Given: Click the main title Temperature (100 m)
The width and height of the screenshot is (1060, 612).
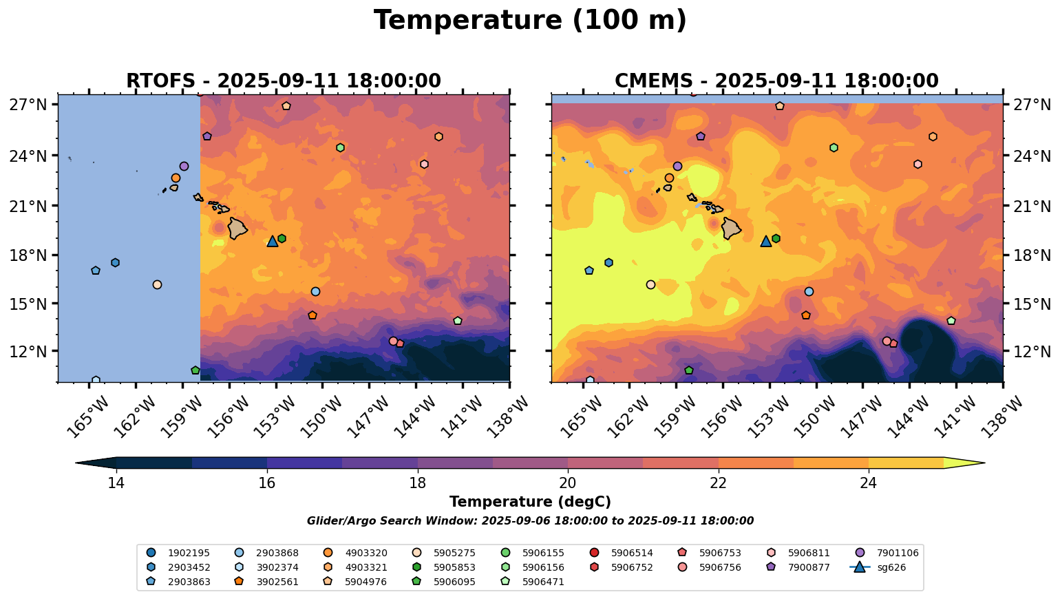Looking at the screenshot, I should tap(530, 21).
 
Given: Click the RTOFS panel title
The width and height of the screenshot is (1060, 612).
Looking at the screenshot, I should tap(283, 81).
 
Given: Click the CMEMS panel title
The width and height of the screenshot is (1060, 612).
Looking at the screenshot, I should tap(776, 81).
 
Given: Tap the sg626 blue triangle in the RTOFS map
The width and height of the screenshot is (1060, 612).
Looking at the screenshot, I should tap(273, 241).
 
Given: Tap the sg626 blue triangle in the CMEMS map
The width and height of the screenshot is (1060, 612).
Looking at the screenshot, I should tap(766, 241).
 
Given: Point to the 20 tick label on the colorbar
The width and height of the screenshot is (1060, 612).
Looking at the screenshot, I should tap(568, 483).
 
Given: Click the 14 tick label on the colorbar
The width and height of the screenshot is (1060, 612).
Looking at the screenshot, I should tap(116, 483).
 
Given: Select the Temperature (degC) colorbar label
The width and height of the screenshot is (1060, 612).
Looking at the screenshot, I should tap(530, 503).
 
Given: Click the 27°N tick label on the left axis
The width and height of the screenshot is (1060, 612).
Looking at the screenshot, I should tap(28, 105).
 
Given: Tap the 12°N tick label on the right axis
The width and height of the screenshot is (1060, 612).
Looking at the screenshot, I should tap(1032, 351).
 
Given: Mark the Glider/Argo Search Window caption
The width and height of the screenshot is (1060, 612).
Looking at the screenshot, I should tap(530, 521).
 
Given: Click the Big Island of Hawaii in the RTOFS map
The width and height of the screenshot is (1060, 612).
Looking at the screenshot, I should tap(237, 228).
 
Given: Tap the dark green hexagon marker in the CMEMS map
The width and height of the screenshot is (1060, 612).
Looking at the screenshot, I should tap(776, 238).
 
